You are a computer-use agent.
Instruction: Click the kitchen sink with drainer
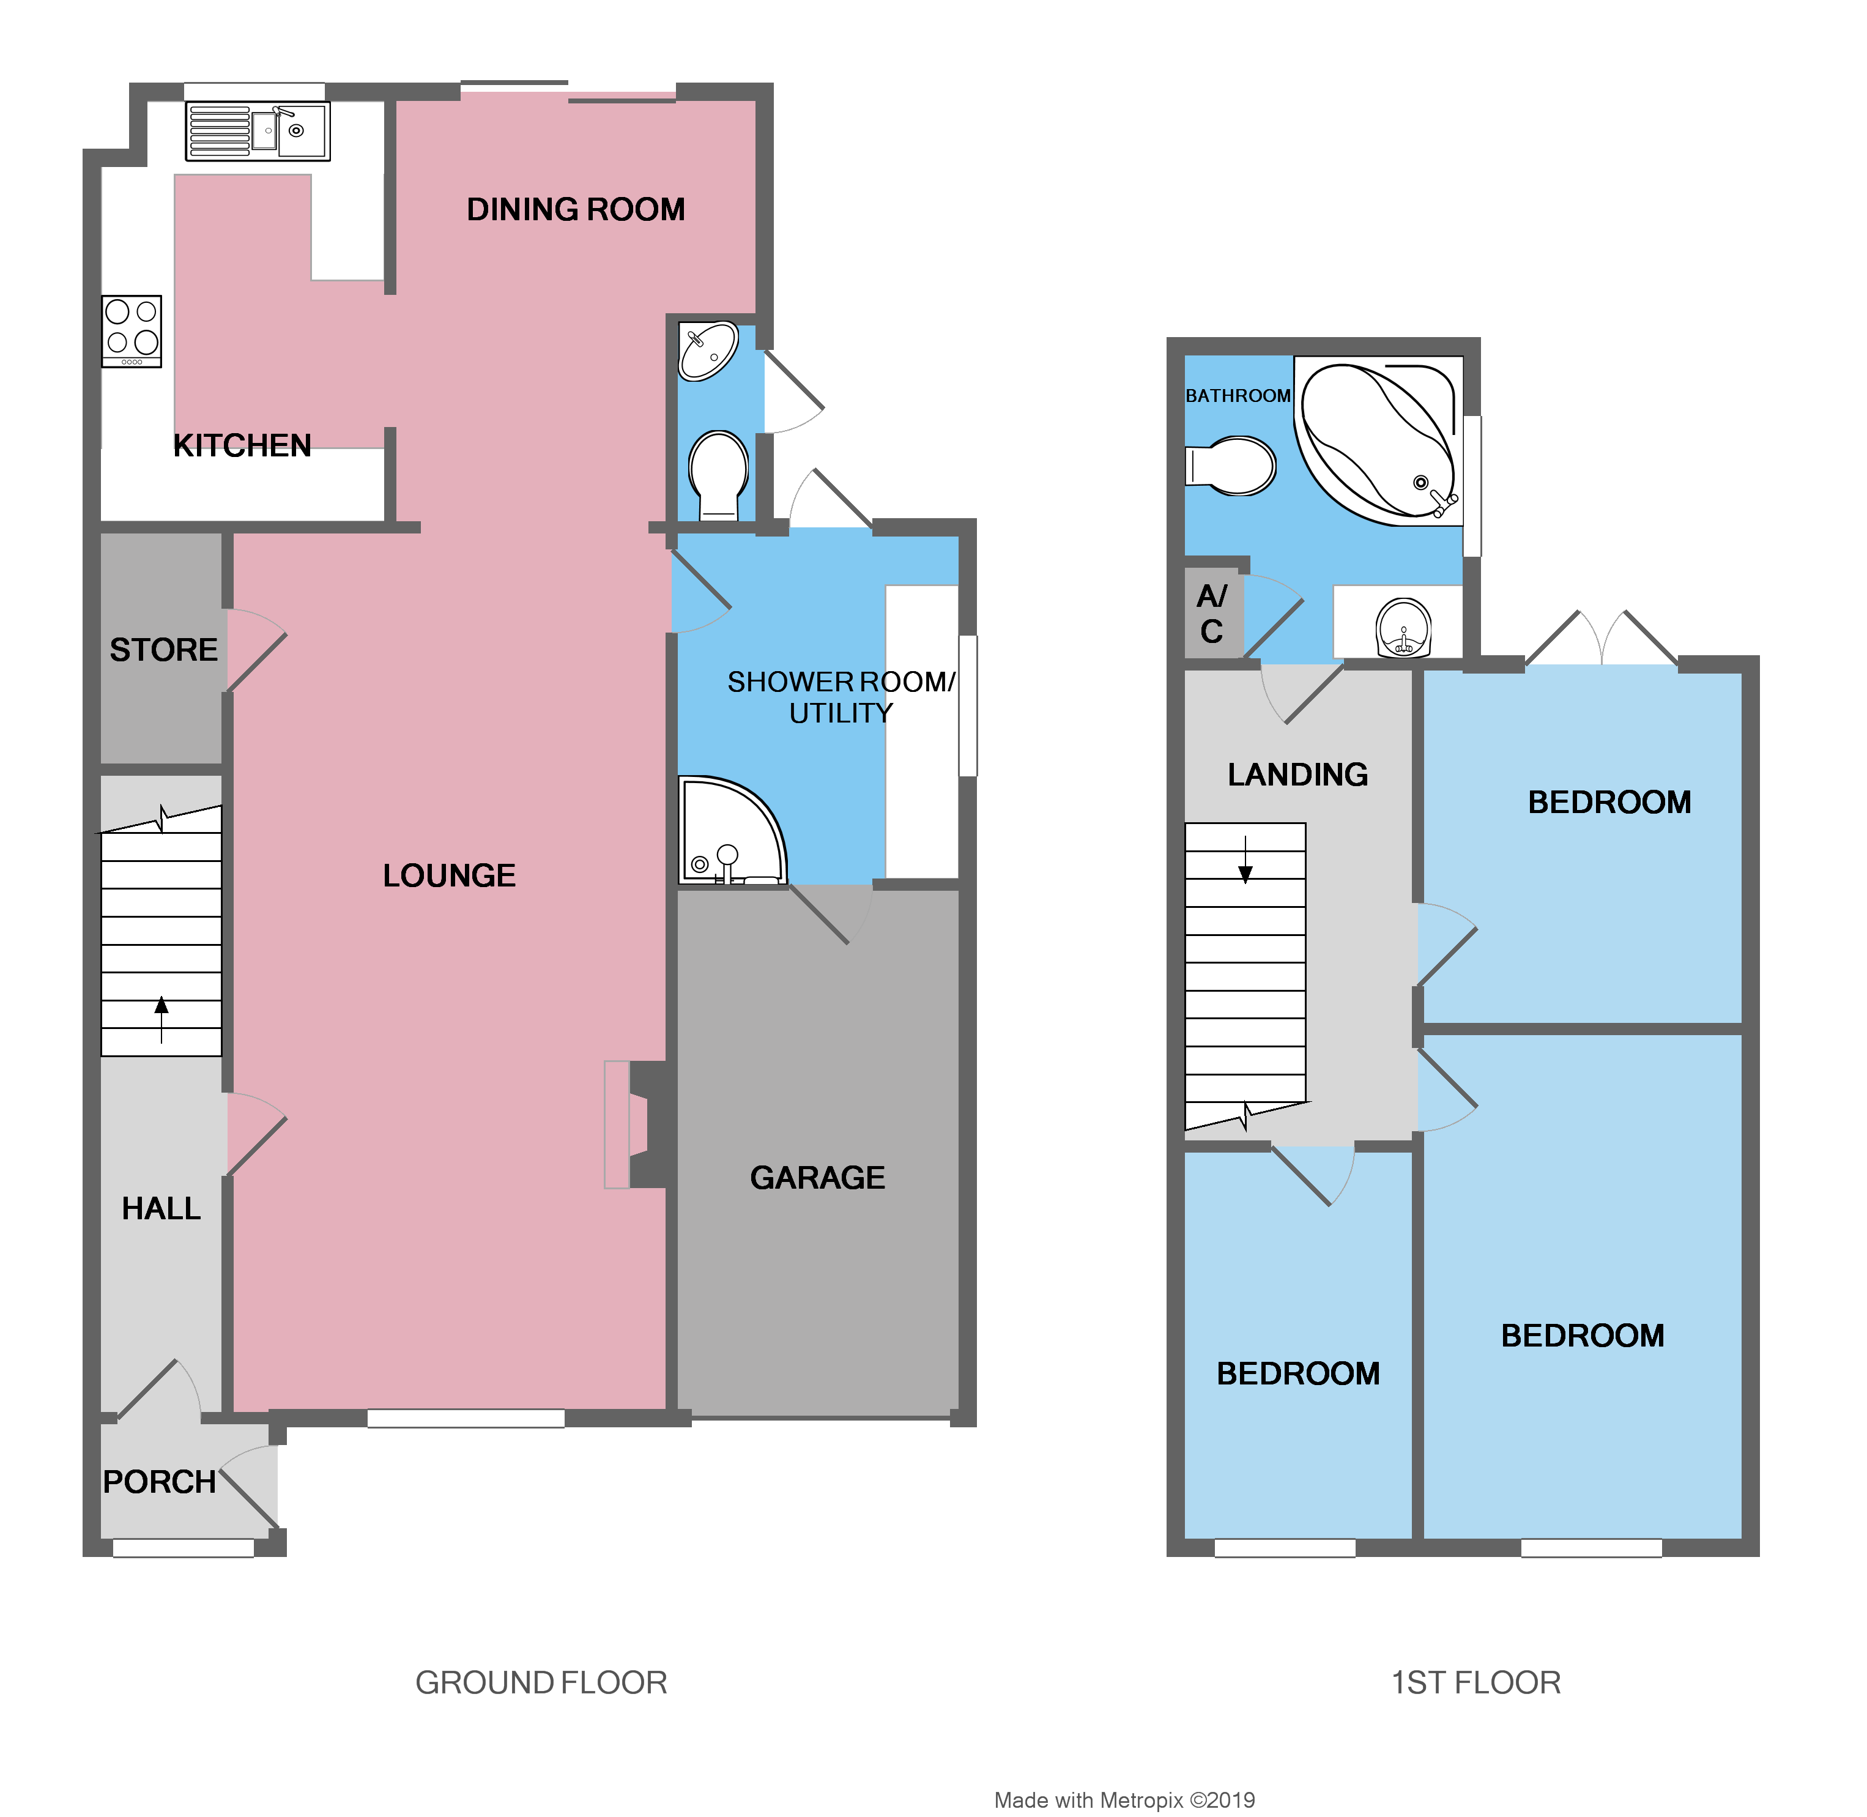click(x=258, y=131)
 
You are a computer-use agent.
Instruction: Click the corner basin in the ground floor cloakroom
click(x=707, y=350)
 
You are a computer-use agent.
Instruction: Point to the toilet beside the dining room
click(x=718, y=474)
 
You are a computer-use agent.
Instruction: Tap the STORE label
click(x=163, y=650)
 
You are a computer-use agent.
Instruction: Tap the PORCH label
click(x=159, y=1482)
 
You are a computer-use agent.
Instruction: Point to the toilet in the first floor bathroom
click(x=1233, y=466)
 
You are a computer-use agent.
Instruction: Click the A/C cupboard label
click(x=1212, y=614)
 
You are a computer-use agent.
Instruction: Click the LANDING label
click(x=1297, y=774)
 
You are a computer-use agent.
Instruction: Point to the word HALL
click(x=161, y=1209)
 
